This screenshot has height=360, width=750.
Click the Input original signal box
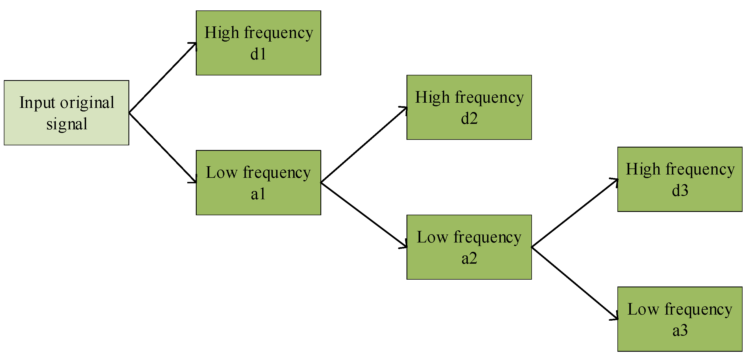[x=66, y=113]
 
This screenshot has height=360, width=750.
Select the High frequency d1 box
[x=258, y=43]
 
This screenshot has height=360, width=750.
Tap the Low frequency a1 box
[x=258, y=183]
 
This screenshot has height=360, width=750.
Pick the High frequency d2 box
[x=469, y=107]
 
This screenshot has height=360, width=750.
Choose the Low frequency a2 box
[x=469, y=247]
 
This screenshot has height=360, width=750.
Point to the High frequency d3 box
[x=680, y=179]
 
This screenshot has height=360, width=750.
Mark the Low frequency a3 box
[x=680, y=319]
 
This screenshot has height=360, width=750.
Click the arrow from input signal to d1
[x=163, y=78]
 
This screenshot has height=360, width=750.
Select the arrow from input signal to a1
[x=163, y=148]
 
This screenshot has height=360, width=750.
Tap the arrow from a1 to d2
[x=364, y=145]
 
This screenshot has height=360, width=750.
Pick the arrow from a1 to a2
[x=364, y=215]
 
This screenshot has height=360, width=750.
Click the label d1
[x=258, y=54]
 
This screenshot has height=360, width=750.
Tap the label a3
[x=680, y=330]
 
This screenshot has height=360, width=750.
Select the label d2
[x=469, y=119]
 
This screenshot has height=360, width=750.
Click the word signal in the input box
[x=67, y=124]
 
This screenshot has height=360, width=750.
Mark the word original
[x=87, y=103]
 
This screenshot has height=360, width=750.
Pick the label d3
[x=680, y=190]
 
